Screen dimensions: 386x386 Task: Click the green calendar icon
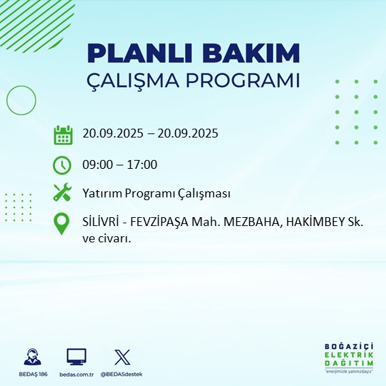point(63,134)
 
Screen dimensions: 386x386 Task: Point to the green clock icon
point(63,164)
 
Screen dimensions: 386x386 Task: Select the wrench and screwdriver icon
point(63,193)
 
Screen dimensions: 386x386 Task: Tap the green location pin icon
point(63,224)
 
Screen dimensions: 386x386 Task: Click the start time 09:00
point(97,164)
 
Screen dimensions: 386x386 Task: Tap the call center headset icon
point(31,357)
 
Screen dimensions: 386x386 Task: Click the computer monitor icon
point(76,357)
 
